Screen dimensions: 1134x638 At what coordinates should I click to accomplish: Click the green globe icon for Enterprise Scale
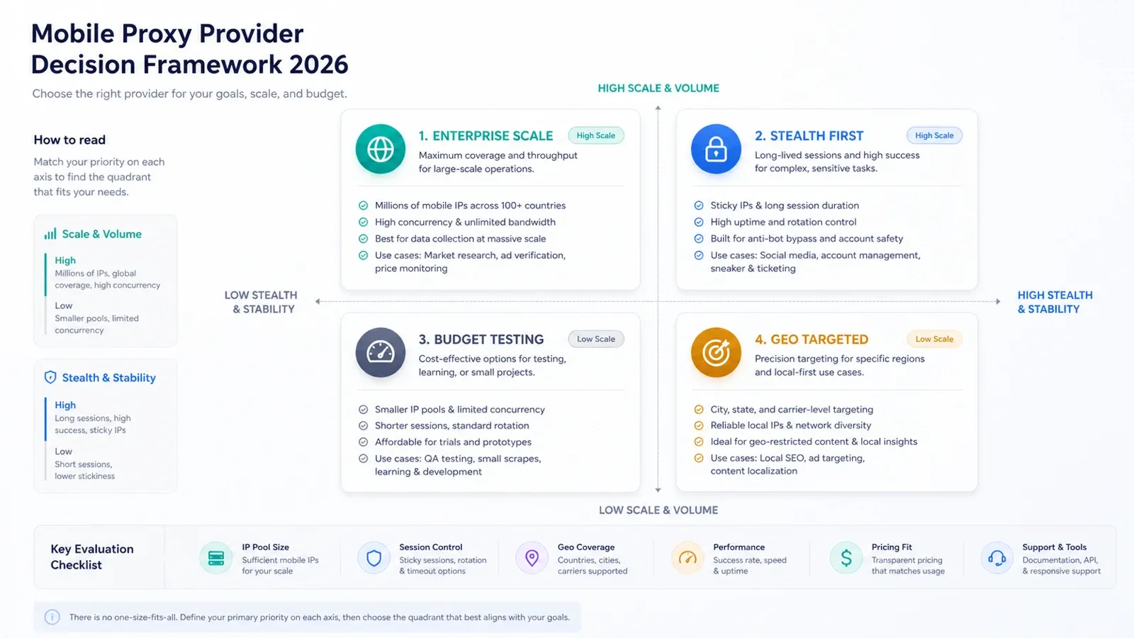(x=380, y=149)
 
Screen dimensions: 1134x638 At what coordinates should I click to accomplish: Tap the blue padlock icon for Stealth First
(x=716, y=149)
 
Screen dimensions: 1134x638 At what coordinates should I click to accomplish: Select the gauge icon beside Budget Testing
(x=380, y=352)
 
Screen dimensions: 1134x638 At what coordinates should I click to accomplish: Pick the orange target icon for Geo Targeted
(x=716, y=352)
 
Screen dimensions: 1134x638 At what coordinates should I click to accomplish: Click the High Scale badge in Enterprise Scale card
(x=596, y=135)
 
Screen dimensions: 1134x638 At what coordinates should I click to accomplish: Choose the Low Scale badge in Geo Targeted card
(x=934, y=340)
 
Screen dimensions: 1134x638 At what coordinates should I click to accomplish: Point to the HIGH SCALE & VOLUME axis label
(x=658, y=88)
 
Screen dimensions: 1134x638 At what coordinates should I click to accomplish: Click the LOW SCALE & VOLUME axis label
(x=658, y=510)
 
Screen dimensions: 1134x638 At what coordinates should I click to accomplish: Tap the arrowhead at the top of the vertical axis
(x=658, y=108)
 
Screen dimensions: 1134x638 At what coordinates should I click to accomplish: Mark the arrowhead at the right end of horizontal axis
(x=998, y=301)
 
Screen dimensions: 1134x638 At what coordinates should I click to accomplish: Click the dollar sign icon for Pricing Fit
(x=846, y=558)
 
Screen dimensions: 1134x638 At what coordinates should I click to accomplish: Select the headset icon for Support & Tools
(x=997, y=558)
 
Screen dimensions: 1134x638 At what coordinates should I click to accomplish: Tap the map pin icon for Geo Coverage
(x=532, y=558)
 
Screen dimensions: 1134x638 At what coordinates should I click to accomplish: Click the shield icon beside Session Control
(x=374, y=558)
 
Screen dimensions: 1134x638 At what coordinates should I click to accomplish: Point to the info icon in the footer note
(x=52, y=617)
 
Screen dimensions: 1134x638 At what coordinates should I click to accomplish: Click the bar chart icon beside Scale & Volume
(x=50, y=234)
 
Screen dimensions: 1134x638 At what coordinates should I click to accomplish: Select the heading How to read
(x=69, y=140)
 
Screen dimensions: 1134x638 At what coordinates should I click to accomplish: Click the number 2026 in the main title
(x=319, y=65)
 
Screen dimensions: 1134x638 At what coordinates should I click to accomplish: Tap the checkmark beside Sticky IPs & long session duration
(x=699, y=206)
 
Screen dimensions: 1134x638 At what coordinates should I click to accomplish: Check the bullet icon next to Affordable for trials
(x=363, y=442)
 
